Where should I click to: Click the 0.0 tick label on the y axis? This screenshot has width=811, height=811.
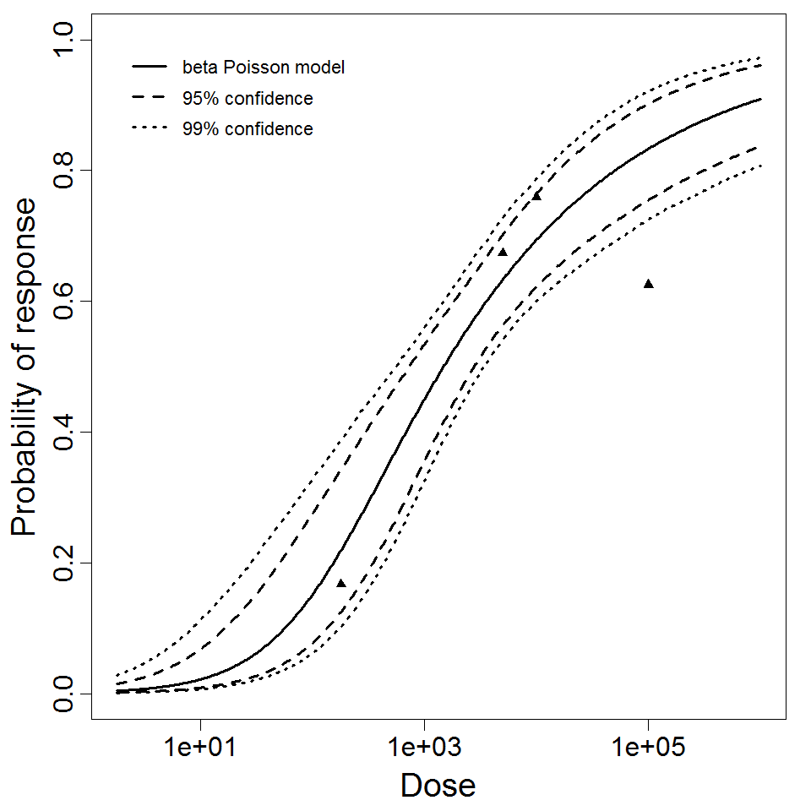click(x=64, y=694)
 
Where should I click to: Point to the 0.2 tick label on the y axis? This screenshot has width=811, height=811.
click(x=64, y=563)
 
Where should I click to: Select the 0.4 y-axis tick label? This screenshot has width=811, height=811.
click(x=64, y=432)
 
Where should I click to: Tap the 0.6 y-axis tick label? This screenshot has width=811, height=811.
click(x=64, y=301)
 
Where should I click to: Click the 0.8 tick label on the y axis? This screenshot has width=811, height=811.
click(x=64, y=170)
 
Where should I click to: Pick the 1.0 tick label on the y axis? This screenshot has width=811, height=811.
click(x=64, y=40)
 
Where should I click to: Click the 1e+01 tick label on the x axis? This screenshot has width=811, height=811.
click(x=200, y=748)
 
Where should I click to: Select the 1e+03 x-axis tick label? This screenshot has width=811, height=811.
click(x=424, y=748)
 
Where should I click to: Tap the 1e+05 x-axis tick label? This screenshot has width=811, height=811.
click(x=648, y=748)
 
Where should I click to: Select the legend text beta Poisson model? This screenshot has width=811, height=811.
click(x=263, y=68)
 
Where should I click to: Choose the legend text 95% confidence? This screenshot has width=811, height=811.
click(x=247, y=99)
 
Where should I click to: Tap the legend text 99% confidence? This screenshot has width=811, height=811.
click(x=247, y=129)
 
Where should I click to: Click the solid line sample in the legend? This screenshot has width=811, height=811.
click(x=150, y=68)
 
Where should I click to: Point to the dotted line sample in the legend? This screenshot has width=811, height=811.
click(x=150, y=129)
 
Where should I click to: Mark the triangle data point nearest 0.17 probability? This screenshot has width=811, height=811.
click(x=341, y=583)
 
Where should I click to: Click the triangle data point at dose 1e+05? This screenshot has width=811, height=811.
click(x=648, y=284)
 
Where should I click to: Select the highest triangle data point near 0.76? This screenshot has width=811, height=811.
click(x=536, y=196)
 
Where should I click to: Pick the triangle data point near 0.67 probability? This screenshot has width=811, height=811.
click(x=503, y=252)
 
